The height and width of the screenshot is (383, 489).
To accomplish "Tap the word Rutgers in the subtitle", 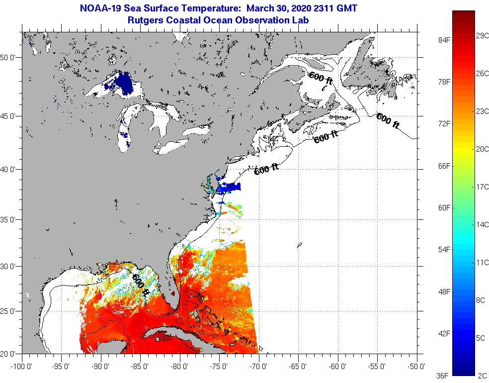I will point(144,20).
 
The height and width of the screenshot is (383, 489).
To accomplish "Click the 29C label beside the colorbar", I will point(482,36).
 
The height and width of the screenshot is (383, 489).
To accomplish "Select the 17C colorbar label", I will point(482,187).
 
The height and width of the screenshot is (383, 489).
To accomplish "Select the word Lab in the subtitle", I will point(302,20).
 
